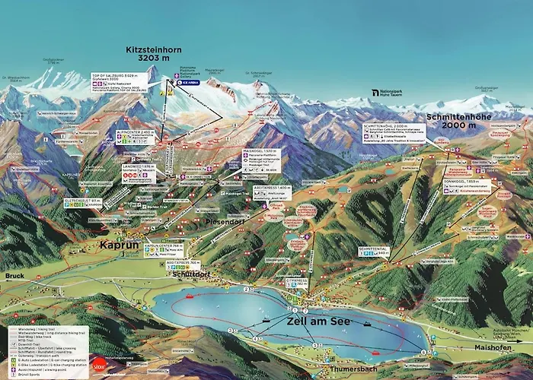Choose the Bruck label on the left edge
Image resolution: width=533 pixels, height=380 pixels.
coord(14,275)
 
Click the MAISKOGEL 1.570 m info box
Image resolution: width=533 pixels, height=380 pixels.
coord(260,159)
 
